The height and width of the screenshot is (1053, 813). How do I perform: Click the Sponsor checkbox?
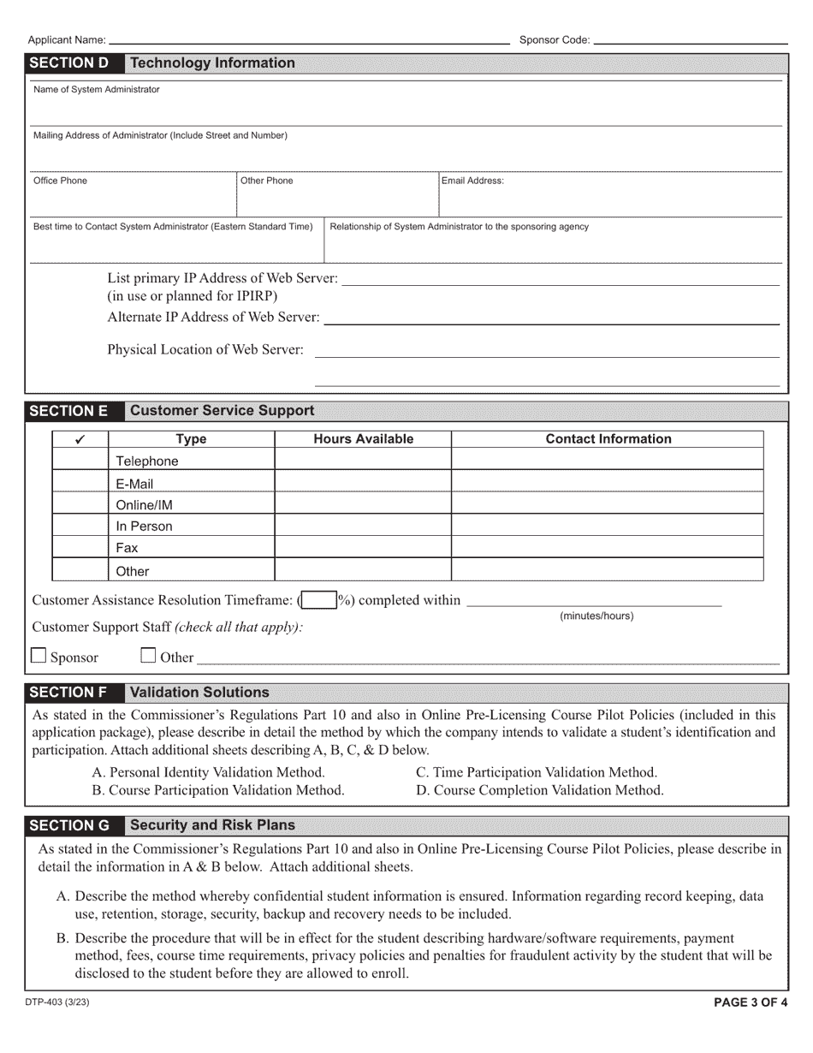tap(39, 657)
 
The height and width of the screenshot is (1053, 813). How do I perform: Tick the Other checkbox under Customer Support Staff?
tap(148, 657)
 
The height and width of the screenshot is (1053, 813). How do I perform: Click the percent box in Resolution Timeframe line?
tap(318, 600)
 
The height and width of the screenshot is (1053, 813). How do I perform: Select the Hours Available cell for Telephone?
tap(363, 461)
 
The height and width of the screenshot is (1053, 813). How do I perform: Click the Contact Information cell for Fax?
tap(607, 548)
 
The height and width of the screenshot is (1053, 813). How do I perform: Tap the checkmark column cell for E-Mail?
tap(80, 484)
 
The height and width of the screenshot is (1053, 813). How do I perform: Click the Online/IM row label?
tap(144, 505)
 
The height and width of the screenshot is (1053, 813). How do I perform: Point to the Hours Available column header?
tap(363, 439)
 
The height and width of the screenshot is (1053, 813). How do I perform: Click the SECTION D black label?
tap(69, 63)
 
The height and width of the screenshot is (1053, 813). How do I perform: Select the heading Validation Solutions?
tap(199, 693)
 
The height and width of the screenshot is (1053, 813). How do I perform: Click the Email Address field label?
tap(472, 181)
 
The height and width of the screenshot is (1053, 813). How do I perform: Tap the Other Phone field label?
tap(266, 181)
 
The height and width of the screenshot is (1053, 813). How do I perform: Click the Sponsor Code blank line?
tap(690, 41)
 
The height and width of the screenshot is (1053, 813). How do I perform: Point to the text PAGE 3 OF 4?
tap(751, 1003)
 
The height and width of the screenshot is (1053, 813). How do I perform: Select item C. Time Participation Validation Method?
tap(537, 772)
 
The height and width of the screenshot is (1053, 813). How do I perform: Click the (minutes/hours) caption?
tap(596, 616)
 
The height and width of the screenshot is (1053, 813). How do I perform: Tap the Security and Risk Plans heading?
tap(212, 825)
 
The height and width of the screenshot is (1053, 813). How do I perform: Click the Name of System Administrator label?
tap(96, 89)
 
